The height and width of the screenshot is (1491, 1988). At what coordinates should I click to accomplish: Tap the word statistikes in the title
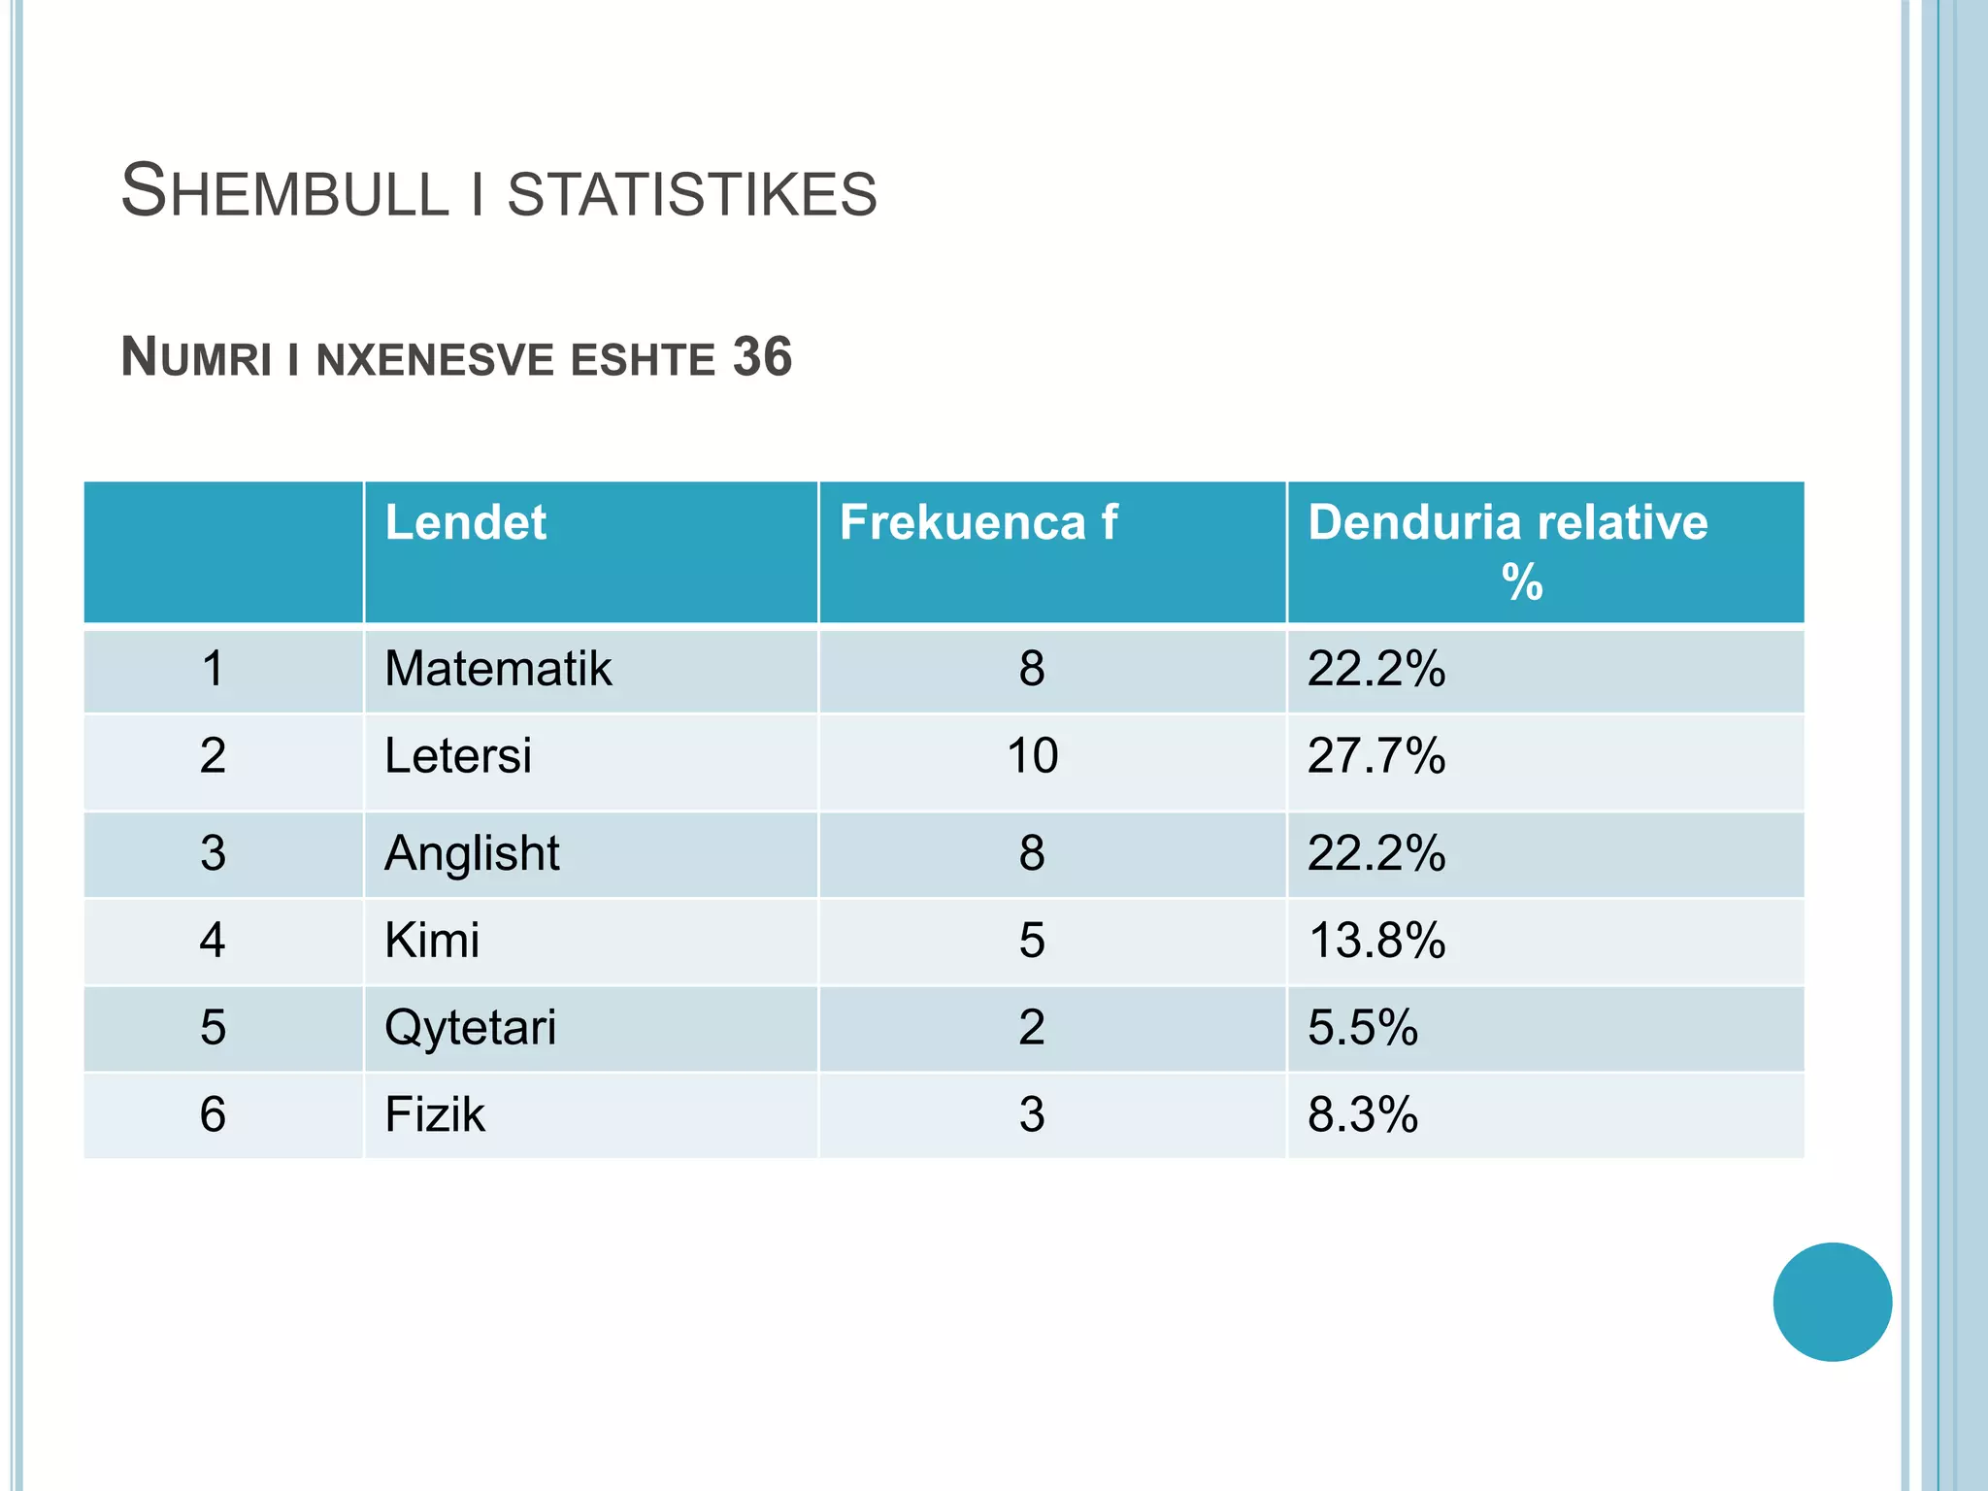(692, 193)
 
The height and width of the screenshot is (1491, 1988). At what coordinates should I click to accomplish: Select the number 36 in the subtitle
(762, 357)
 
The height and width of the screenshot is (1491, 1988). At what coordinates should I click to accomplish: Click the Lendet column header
(466, 522)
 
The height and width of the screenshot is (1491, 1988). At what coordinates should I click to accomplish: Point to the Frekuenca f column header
(978, 522)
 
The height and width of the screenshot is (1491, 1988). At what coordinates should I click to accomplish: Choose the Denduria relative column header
(1508, 523)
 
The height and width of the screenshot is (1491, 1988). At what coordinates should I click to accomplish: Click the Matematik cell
(498, 669)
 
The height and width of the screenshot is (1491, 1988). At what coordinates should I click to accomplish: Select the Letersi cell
(458, 756)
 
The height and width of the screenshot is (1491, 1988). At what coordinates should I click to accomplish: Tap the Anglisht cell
(472, 853)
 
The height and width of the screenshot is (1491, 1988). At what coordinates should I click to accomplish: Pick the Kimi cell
(432, 941)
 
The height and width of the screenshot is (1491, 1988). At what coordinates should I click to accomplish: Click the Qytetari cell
(471, 1028)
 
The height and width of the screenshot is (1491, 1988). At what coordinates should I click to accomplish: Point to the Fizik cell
(435, 1114)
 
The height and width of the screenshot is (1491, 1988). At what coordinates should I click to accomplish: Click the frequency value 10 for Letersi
(1032, 756)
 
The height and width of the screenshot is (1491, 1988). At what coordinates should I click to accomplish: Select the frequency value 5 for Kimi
(1032, 941)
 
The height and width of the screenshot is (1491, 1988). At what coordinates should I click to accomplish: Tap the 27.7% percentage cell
(1376, 756)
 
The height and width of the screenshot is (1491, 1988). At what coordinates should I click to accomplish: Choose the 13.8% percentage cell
(1376, 941)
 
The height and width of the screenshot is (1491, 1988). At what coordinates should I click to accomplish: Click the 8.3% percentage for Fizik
(1363, 1114)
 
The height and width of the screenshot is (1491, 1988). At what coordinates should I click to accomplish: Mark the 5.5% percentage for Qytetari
(1363, 1028)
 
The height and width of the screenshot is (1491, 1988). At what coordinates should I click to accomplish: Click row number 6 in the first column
(213, 1114)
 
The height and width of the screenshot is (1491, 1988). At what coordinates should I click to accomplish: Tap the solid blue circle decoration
(1832, 1302)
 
